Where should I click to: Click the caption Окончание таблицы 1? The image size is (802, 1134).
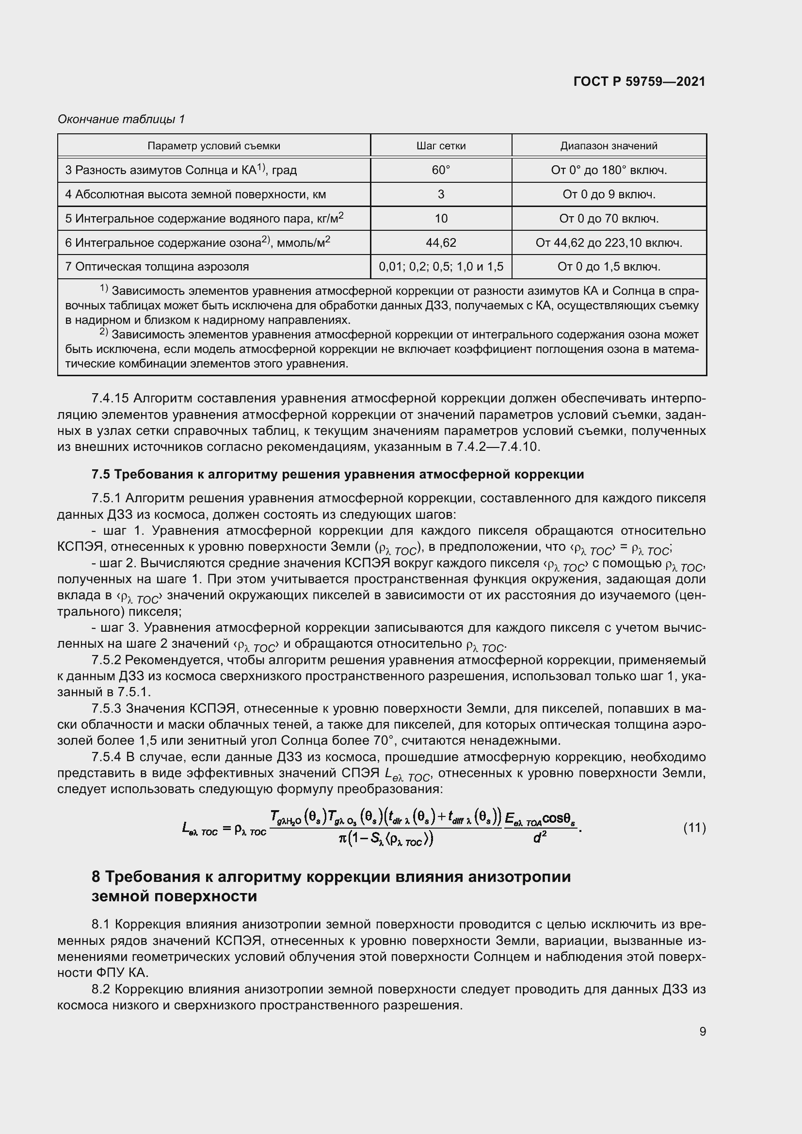(x=121, y=119)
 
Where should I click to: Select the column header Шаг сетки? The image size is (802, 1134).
(x=440, y=146)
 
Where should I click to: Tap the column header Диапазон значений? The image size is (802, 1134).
(x=609, y=146)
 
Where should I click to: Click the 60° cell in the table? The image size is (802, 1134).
(x=440, y=170)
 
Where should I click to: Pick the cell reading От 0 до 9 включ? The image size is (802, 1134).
(x=609, y=194)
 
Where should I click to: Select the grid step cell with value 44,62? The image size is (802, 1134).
(x=440, y=242)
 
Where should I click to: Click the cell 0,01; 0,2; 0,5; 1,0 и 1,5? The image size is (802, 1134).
(x=440, y=267)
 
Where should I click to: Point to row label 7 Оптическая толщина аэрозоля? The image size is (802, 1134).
(x=157, y=267)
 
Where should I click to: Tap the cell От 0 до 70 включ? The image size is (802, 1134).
(x=609, y=218)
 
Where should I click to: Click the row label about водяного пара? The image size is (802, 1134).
(x=204, y=218)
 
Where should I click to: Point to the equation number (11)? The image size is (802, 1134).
(x=694, y=828)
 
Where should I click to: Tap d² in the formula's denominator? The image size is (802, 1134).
(x=539, y=838)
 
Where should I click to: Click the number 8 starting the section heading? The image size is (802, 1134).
(x=96, y=877)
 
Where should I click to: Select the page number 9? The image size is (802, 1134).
(x=702, y=1031)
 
